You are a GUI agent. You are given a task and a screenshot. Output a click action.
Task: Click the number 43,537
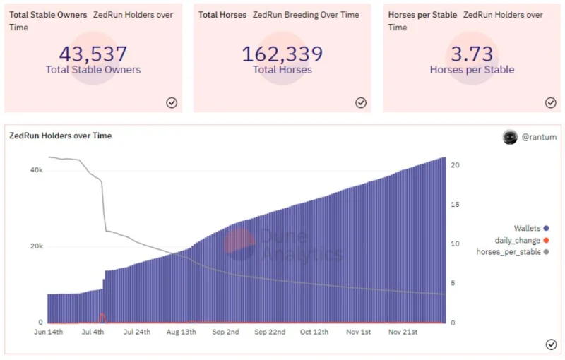(x=93, y=54)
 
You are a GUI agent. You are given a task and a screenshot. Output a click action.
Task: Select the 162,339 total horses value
(x=282, y=54)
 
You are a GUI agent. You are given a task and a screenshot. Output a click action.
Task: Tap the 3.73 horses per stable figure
(x=472, y=54)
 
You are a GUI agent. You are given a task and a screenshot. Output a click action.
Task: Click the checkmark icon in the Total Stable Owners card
(x=172, y=103)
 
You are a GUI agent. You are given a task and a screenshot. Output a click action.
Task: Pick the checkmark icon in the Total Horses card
(x=361, y=103)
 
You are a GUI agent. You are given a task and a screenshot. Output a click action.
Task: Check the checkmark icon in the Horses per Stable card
(x=551, y=103)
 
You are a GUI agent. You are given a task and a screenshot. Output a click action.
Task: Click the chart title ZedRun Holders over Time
(x=61, y=136)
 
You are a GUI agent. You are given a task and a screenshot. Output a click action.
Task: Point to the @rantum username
(x=539, y=137)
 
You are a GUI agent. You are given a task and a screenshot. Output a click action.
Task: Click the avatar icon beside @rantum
(x=510, y=137)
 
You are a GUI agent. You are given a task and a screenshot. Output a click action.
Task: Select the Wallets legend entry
(x=531, y=228)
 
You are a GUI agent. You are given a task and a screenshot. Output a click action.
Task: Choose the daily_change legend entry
(x=522, y=240)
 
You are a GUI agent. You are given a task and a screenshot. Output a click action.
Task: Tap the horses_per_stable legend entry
(x=513, y=252)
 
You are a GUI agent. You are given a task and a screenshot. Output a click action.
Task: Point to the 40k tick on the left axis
(x=37, y=170)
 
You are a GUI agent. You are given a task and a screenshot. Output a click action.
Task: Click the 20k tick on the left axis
(x=37, y=246)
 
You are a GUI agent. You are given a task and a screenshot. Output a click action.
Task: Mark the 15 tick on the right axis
(x=455, y=205)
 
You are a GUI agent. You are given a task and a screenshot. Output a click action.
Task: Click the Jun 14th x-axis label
(x=48, y=332)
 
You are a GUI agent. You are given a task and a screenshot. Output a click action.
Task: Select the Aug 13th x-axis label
(x=182, y=332)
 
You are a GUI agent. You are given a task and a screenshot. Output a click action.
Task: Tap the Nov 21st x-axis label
(x=403, y=332)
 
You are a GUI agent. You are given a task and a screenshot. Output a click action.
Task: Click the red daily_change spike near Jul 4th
(x=102, y=318)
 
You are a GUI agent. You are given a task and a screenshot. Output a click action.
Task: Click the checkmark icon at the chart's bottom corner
(x=551, y=344)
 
